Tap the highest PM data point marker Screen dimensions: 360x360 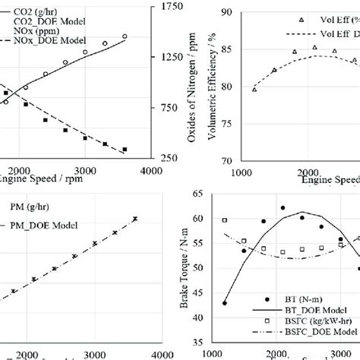point(135,219)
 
